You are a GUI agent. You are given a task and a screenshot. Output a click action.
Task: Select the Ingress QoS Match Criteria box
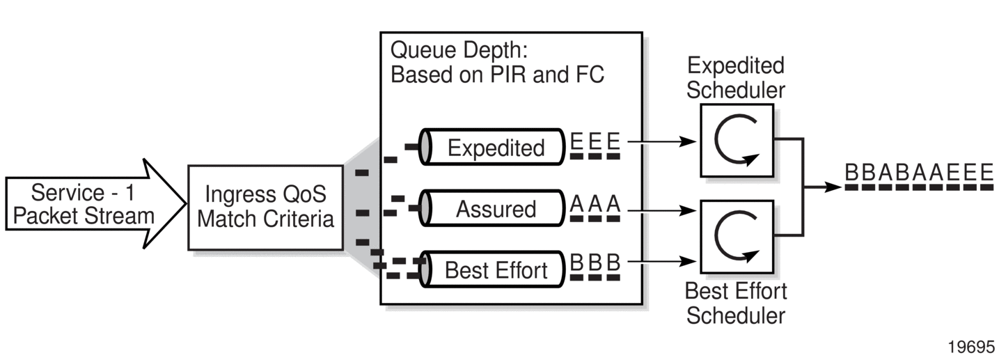[265, 207]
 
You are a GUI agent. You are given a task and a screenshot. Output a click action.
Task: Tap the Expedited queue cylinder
[494, 147]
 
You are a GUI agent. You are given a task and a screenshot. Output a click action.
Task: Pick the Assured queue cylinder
[494, 208]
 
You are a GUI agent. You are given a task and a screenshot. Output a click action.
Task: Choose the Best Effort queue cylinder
[494, 269]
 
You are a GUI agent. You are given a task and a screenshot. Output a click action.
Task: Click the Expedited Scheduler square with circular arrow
[737, 140]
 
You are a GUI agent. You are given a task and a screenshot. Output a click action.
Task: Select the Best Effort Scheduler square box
[737, 237]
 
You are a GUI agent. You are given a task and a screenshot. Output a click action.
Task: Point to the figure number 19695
[971, 347]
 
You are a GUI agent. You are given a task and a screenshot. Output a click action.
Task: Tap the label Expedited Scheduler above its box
[736, 77]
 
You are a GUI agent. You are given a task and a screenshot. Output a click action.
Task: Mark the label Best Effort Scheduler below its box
[736, 303]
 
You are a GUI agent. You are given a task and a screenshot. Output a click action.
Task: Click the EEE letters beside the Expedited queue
[594, 141]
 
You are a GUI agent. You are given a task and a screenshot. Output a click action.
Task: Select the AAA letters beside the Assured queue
[594, 203]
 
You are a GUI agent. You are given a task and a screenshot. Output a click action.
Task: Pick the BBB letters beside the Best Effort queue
[594, 264]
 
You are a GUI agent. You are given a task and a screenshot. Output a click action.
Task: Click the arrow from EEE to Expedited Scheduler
[661, 141]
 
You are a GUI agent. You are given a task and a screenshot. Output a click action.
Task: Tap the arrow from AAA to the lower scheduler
[661, 208]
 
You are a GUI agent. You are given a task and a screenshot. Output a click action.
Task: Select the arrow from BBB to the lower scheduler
[661, 263]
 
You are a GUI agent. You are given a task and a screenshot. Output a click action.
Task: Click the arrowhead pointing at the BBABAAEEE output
[834, 187]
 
